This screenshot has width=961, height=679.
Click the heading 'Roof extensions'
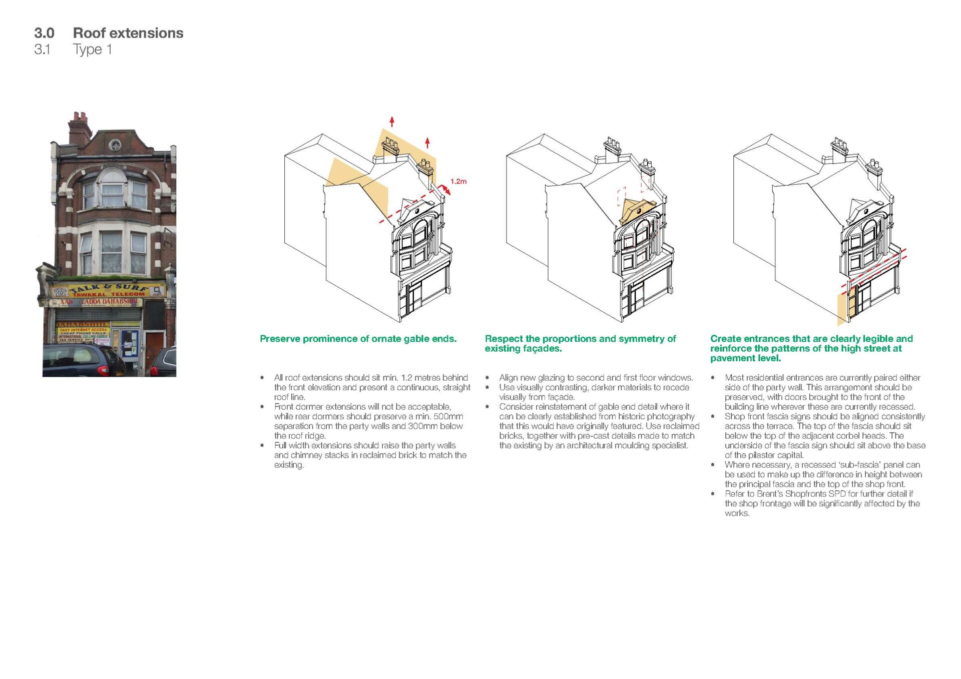click(x=128, y=33)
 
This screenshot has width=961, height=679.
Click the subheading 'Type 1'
click(x=92, y=50)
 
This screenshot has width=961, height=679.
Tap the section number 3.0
click(x=44, y=33)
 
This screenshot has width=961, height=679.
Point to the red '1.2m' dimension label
click(x=458, y=181)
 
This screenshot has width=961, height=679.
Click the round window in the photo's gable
click(x=115, y=146)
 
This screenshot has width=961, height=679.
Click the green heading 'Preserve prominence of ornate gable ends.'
click(x=358, y=339)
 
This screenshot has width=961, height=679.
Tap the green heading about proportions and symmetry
click(x=580, y=343)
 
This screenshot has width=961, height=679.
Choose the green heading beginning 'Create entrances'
click(x=811, y=348)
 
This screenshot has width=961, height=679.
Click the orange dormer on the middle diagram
click(x=636, y=211)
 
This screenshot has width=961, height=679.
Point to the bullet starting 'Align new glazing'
click(x=596, y=378)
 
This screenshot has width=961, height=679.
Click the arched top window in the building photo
click(x=112, y=188)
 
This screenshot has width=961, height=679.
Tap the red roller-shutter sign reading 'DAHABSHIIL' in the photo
click(x=83, y=324)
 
